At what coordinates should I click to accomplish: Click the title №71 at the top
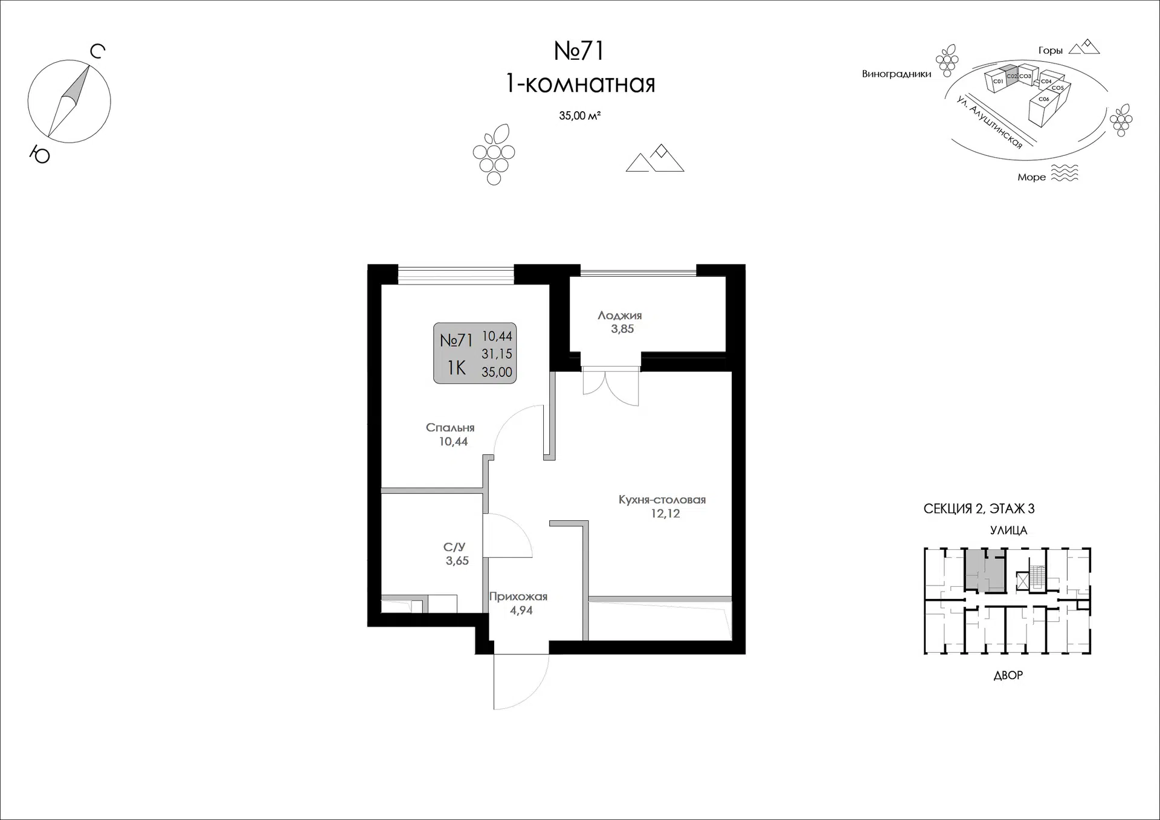coord(579,51)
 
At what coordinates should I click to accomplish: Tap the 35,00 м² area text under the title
coord(579,115)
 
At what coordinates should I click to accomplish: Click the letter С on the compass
coord(97,52)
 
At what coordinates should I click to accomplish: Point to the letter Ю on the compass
coord(40,155)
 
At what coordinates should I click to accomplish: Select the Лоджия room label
coord(620,315)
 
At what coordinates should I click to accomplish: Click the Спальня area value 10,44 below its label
coord(453,442)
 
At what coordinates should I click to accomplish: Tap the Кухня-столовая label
coord(662,500)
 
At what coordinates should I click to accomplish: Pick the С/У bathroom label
coord(454,547)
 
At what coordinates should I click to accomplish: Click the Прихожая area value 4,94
coord(521,611)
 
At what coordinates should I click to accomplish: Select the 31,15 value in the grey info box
coord(497,354)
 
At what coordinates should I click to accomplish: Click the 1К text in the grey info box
coord(457,367)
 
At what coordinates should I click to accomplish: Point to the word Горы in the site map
coord(1051,51)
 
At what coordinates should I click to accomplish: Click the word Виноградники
coord(897,74)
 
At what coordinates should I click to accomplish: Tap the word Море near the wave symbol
coord(1031,177)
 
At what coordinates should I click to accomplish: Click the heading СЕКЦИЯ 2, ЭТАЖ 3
coord(979,509)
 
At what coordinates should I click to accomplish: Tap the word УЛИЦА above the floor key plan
coord(1008,531)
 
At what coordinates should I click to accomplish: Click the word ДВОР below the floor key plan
coord(1008,675)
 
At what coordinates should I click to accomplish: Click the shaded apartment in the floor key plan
coord(985,570)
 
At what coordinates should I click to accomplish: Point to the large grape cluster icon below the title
coord(494,155)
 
